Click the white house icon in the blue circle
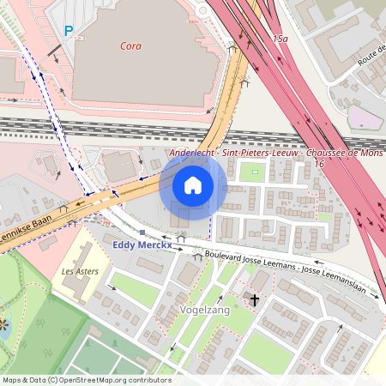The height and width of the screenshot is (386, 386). coord(193,184)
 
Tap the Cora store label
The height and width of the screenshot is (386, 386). coord(131,45)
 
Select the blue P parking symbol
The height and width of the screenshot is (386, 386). coord(69,31)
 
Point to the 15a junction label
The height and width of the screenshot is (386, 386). coord(280,39)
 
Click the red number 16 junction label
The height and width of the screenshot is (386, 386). coord(319,163)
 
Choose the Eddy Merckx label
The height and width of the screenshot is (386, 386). coord(143,245)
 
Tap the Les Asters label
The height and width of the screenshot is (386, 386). coord(80,271)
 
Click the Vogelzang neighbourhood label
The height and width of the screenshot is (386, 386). coord(205,310)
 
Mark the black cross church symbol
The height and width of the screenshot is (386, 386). coord(254,299)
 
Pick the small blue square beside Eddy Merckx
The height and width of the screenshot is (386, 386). coord(142,232)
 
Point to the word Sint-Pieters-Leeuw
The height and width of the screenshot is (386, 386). coord(258,153)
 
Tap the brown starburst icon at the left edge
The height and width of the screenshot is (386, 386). coord(3,325)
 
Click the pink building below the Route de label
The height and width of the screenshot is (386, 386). coord(365,118)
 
